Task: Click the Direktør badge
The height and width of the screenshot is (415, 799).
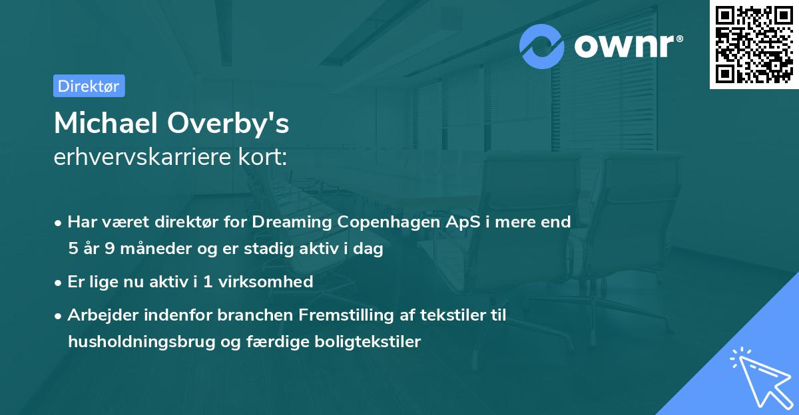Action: (89, 86)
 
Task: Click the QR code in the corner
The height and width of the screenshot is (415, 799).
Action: (754, 45)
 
